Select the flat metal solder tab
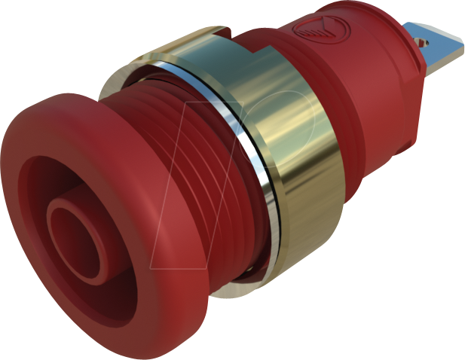pyautogui.click(x=433, y=38)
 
